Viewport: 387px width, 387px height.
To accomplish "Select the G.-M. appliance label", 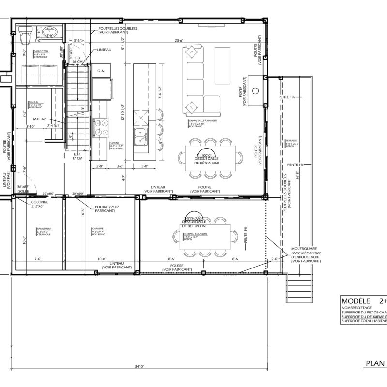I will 102,71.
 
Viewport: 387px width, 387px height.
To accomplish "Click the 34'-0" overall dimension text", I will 139,367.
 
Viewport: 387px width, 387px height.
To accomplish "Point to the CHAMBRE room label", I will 98,230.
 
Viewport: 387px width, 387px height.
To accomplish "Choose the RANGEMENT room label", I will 44,230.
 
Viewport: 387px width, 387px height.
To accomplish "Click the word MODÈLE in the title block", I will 356,300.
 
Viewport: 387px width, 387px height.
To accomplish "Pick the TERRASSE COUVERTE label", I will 195,234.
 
